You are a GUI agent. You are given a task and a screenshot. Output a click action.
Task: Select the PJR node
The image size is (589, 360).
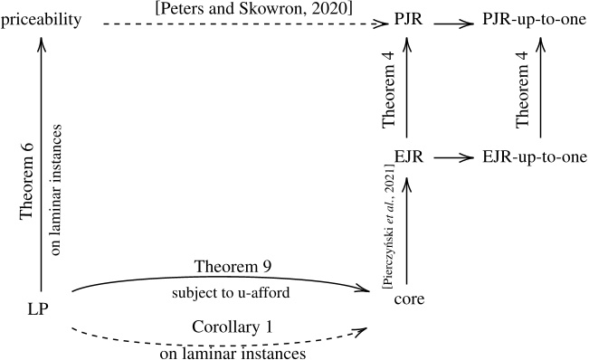(x=408, y=17)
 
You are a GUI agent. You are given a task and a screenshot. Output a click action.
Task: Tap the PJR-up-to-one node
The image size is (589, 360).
(x=534, y=18)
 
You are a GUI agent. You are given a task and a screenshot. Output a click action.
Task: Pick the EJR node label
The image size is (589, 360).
(x=408, y=157)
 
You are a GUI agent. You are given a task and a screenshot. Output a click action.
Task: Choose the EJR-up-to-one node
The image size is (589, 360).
(x=534, y=157)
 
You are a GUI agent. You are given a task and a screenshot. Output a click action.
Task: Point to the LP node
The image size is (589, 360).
(x=37, y=310)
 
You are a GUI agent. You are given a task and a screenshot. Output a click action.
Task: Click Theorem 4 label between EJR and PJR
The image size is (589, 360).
(x=387, y=89)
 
